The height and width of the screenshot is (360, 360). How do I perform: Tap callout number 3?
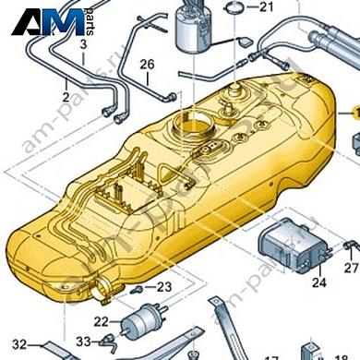coord(84,43)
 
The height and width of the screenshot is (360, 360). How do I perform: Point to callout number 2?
coord(66,95)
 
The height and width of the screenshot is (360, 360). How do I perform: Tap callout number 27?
coord(351,268)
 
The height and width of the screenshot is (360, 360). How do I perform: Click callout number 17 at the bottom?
coord(271,355)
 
